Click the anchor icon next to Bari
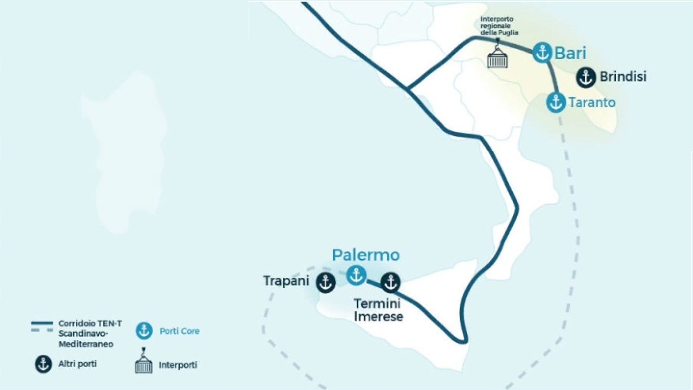click(x=542, y=52)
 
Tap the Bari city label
click(x=571, y=52)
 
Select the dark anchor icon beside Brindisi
click(x=586, y=77)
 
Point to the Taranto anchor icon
click(x=556, y=103)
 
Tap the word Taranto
click(x=591, y=103)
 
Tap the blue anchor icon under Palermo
click(x=357, y=275)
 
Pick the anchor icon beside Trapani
click(x=325, y=282)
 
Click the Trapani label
click(x=285, y=281)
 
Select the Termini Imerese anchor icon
click(x=390, y=282)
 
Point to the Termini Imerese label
click(x=378, y=310)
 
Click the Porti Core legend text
click(x=179, y=331)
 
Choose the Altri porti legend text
click(x=77, y=364)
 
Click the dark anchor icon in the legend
click(x=43, y=364)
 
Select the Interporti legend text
click(x=178, y=365)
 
